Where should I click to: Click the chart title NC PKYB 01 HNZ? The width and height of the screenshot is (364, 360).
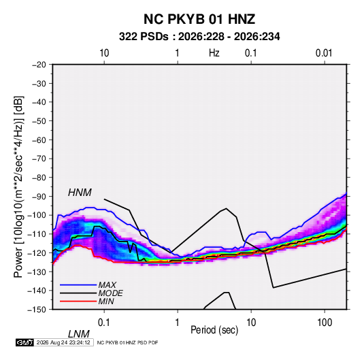tap(199, 19)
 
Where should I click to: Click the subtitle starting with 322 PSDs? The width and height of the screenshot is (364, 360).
tap(199, 37)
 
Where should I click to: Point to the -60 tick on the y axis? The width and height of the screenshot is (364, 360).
tap(39, 140)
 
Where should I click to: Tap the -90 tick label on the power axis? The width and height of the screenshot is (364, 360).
tap(39, 197)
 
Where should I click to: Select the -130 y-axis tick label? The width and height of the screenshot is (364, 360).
tap(37, 272)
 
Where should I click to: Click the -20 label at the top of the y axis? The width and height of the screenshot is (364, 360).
tap(39, 65)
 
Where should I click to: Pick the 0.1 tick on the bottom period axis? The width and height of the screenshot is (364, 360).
tap(104, 323)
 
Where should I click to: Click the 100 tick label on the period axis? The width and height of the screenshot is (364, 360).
tap(325, 323)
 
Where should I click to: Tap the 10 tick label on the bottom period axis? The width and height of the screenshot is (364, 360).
tap(251, 323)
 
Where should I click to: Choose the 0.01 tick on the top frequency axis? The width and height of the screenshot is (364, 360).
tap(324, 53)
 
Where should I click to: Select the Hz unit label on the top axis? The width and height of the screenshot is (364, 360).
tap(214, 53)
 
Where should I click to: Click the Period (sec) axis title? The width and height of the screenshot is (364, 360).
tap(214, 330)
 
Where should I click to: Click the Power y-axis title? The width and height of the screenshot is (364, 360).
tap(18, 187)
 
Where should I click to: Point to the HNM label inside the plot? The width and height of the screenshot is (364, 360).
tap(80, 193)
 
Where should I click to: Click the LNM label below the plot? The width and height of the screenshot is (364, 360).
tap(79, 334)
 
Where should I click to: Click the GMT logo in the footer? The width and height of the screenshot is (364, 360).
tap(25, 342)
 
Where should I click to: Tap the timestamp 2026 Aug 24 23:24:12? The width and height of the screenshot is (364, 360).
tap(63, 342)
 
